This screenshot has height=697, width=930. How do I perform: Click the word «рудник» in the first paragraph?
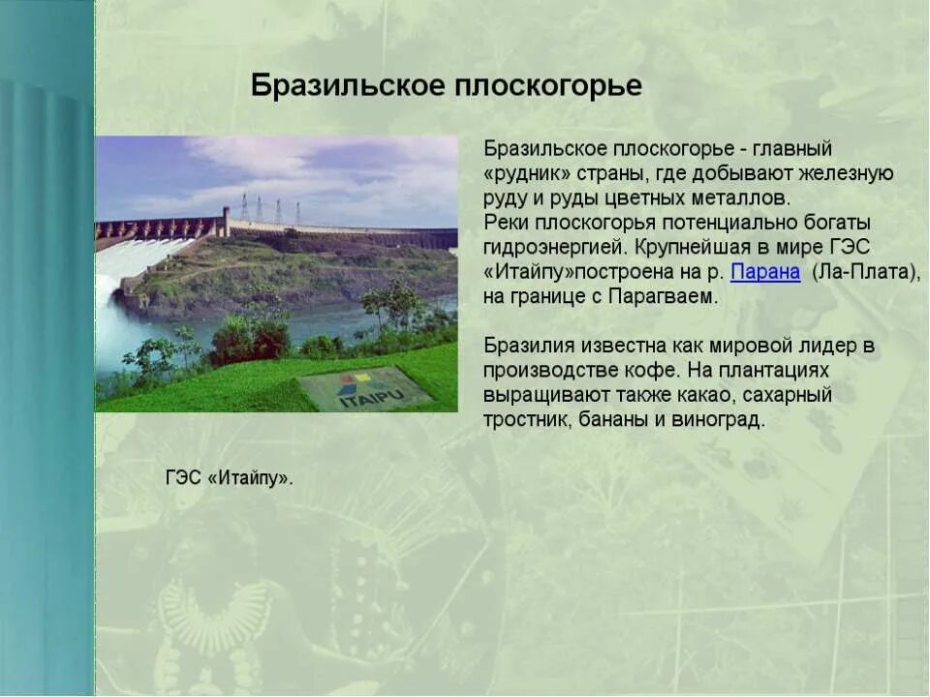tap(527, 173)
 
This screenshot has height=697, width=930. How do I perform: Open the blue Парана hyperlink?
tap(765, 272)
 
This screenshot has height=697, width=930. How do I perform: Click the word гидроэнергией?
tap(552, 248)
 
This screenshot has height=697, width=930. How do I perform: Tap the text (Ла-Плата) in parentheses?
tap(866, 272)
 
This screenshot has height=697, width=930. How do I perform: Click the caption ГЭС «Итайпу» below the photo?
tap(230, 478)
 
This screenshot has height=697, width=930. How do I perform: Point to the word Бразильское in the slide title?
tap(347, 86)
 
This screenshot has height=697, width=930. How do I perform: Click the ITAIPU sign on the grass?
tap(363, 389)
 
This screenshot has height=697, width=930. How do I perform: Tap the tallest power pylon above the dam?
tap(243, 206)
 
